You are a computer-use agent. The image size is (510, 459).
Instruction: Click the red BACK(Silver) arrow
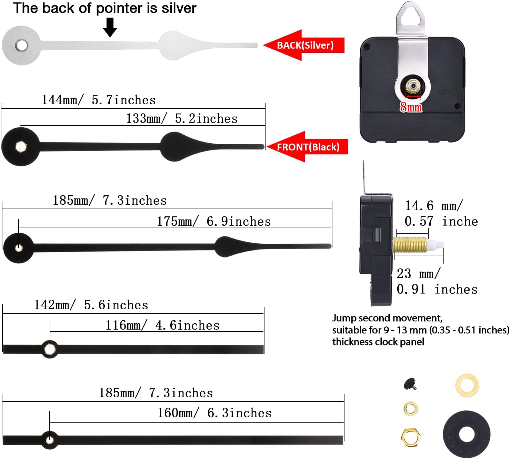coord(303,45)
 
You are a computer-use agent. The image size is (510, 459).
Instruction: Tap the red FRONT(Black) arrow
coord(307,147)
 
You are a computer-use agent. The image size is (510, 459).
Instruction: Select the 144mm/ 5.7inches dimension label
coord(99,100)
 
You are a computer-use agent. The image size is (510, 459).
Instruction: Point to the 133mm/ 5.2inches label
coord(182,119)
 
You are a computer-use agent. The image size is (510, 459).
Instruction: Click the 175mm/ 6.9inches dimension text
coord(214,222)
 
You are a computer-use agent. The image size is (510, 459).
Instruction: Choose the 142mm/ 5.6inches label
coord(91,305)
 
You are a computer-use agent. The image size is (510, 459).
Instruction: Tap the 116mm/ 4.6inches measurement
coord(162,325)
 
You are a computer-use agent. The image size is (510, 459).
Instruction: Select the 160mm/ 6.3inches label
coord(214,413)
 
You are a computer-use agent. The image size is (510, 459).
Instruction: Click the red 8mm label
coord(411,108)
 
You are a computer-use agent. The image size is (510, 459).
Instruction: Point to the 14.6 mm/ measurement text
coord(434,206)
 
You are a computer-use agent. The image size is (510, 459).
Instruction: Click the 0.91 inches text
coord(437,289)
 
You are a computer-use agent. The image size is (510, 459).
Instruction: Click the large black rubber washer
coord(467,434)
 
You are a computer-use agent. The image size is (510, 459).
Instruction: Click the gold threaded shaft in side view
coord(410,245)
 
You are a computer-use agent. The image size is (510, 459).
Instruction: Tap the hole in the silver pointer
coord(21,46)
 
